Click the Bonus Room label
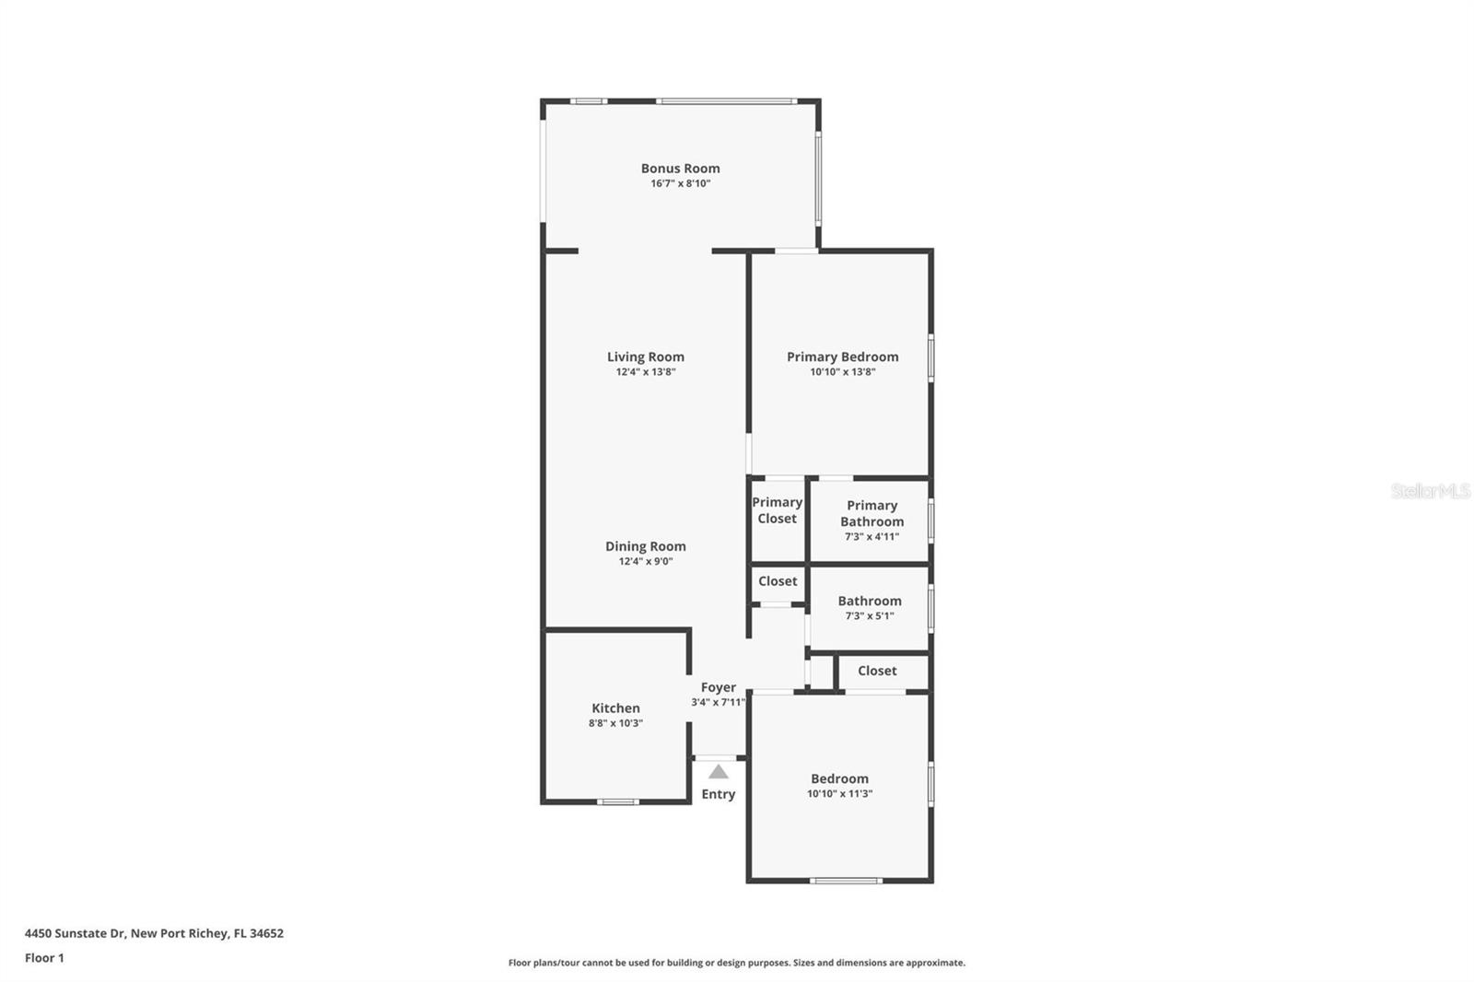680,168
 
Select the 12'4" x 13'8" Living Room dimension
645,372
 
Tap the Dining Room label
645,545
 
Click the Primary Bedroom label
842,357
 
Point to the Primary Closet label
777,510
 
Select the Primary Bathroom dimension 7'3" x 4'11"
872,536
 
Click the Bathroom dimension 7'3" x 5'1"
870,616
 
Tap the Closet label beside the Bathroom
778,581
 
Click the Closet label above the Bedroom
877,671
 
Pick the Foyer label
718,687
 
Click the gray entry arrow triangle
718,772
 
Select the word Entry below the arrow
718,794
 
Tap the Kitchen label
615,707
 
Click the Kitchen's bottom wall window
617,801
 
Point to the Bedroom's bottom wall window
846,881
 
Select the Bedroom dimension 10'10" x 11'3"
839,793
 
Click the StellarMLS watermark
1430,491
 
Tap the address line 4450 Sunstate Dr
154,933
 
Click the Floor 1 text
44,958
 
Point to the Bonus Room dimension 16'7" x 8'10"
680,183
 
